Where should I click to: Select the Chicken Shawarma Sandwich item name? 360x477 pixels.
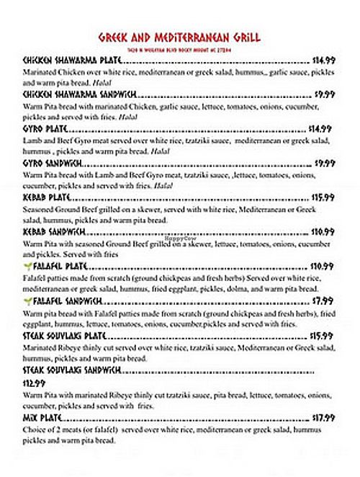(x=80, y=95)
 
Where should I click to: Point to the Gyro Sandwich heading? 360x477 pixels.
(x=53, y=164)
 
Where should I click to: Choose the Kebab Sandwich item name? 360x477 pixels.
(x=55, y=231)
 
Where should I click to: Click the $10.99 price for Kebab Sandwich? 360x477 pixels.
(x=323, y=232)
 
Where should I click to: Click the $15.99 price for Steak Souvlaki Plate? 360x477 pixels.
(x=323, y=335)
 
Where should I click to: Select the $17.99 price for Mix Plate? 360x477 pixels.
(x=323, y=417)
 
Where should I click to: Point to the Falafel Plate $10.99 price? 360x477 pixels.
(x=323, y=266)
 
